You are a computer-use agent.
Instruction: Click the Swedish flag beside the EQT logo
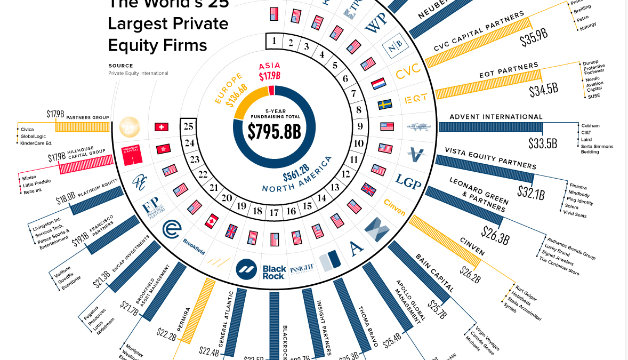(385, 105)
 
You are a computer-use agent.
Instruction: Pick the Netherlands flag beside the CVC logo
(378, 84)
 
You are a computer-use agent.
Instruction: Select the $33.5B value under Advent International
(543, 143)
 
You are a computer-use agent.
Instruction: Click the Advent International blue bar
(490, 127)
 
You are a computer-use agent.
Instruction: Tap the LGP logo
(408, 182)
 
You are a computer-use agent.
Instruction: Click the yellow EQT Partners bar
(488, 84)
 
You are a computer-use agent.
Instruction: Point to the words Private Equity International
(138, 73)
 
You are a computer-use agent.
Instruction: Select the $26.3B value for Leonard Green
(495, 234)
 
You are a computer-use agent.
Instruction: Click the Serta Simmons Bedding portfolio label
(597, 149)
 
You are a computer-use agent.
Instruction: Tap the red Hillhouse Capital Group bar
(86, 164)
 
